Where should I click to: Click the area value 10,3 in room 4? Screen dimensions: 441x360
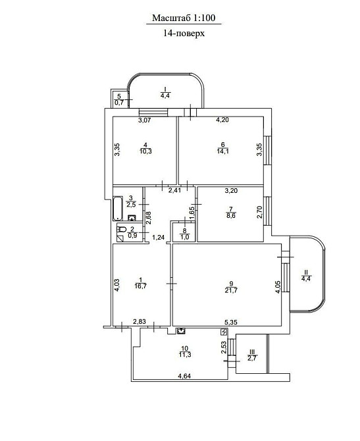pos(145,151)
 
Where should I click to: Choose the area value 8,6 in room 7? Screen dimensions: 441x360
pos(230,215)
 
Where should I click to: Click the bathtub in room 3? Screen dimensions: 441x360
pos(118,208)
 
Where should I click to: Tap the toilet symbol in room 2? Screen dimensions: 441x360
pos(121,230)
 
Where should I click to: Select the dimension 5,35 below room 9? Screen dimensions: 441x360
pos(232,323)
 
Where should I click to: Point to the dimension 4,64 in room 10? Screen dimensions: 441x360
pos(186,376)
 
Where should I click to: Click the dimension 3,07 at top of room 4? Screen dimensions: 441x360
pos(145,121)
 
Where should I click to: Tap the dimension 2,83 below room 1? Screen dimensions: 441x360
pos(139,322)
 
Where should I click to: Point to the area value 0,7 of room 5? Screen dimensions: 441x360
pos(120,103)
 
